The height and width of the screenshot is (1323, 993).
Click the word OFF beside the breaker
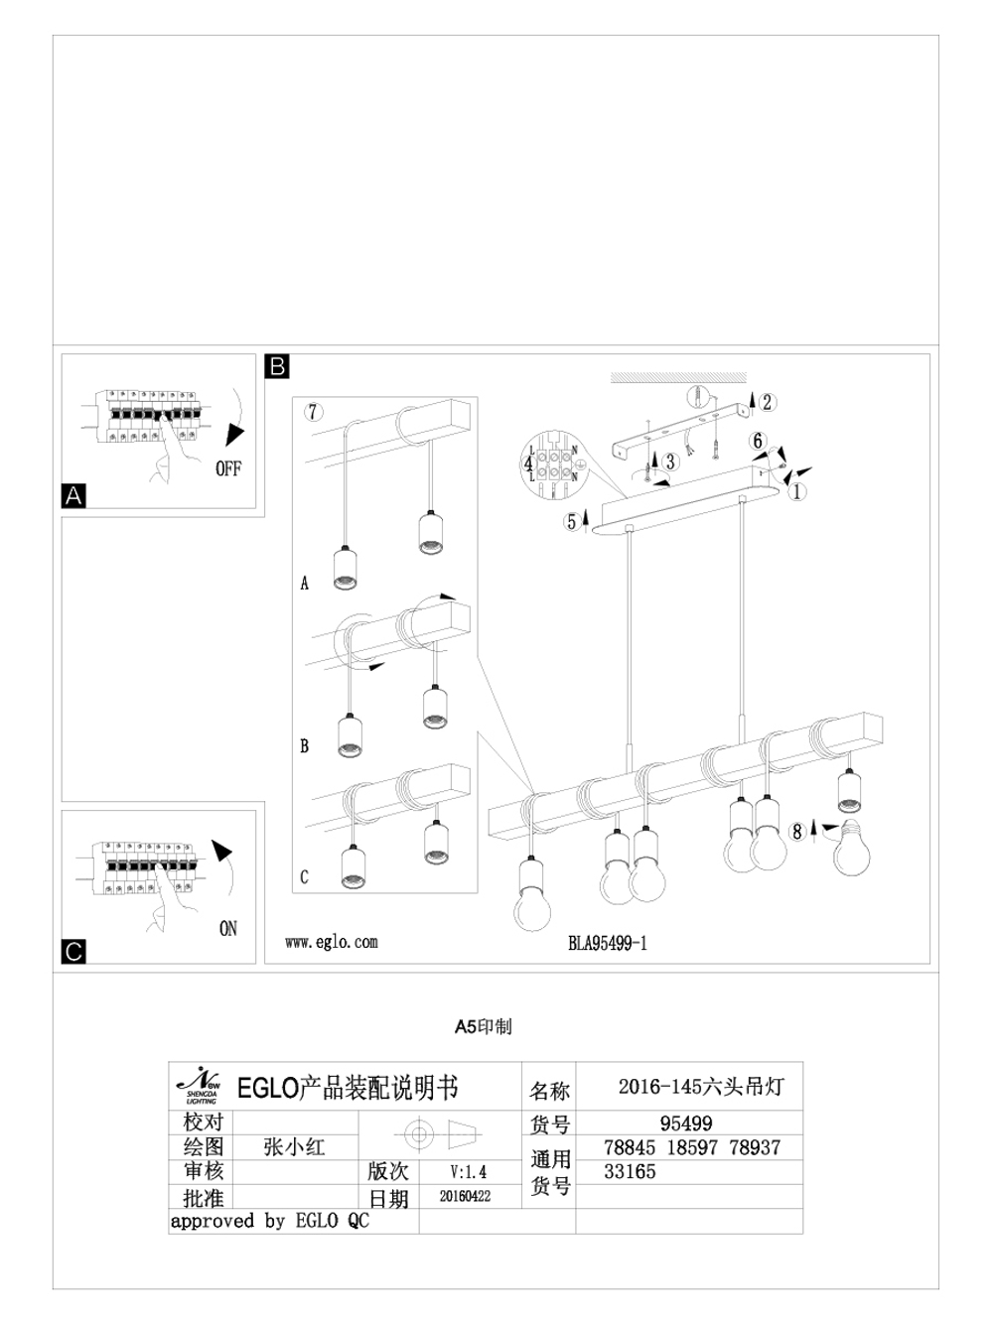tap(227, 468)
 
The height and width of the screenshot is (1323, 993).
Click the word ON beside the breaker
tap(228, 929)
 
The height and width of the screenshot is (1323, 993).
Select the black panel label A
tap(73, 495)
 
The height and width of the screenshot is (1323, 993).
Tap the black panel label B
tap(277, 366)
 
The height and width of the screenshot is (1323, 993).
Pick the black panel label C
tap(73, 952)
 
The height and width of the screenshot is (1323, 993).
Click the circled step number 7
tap(314, 412)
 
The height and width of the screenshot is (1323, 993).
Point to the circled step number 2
tap(768, 402)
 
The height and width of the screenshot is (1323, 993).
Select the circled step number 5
tap(571, 521)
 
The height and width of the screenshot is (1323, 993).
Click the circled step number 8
tap(796, 832)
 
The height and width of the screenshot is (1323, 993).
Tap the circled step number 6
tap(759, 441)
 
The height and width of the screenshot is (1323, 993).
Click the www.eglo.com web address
tap(331, 942)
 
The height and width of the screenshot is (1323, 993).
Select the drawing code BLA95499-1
tap(607, 943)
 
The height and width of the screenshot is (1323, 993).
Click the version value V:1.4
tap(468, 1172)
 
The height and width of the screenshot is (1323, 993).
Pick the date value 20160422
tap(465, 1197)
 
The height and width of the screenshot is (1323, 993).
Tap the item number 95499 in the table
tap(686, 1124)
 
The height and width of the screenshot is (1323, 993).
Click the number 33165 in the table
tap(630, 1171)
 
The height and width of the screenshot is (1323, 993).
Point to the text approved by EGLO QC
tap(269, 1221)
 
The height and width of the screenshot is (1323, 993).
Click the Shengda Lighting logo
tap(200, 1087)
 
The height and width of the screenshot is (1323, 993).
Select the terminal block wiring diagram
tap(553, 464)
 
